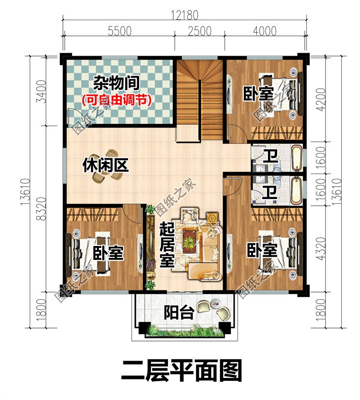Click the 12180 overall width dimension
tap(184, 15)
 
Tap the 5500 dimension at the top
tap(120, 31)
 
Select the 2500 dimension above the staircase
tap(200, 31)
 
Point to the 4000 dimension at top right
tap(265, 31)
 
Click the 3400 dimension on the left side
tap(42, 92)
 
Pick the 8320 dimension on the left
tap(42, 209)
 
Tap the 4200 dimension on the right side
tap(321, 99)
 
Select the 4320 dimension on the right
tap(321, 249)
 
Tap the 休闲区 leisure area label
tap(106, 165)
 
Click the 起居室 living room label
tap(167, 245)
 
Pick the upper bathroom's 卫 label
tap(271, 156)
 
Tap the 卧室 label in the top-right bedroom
tap(258, 94)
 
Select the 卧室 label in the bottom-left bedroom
tap(108, 253)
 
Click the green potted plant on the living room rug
tap(189, 243)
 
